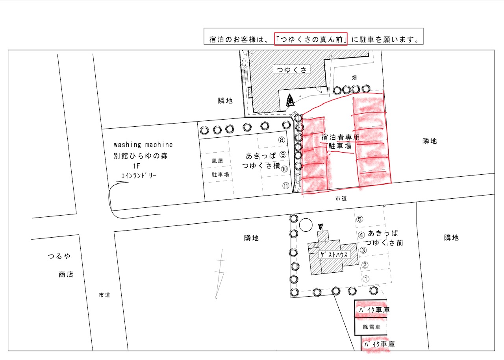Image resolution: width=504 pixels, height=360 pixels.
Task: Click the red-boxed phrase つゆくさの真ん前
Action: coord(311,39)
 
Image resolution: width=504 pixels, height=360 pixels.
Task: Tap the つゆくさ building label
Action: coord(291,70)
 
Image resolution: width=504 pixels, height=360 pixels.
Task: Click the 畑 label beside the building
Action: coord(354,78)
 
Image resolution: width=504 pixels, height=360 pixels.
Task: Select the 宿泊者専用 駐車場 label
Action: coord(340,141)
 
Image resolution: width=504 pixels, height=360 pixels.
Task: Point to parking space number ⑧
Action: coord(282,140)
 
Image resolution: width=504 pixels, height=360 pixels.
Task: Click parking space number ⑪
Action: coord(285,186)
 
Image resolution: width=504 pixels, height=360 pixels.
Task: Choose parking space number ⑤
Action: coord(359,219)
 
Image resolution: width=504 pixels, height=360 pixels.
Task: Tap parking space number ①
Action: coord(366,279)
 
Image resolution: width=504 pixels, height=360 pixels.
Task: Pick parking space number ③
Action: coord(363,250)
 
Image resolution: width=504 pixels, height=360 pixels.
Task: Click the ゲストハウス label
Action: coord(334,255)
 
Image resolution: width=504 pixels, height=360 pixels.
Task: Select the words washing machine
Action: coord(143,144)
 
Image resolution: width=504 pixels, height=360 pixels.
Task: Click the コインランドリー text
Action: coord(139,175)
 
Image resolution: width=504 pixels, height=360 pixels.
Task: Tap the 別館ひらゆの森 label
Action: coord(141,156)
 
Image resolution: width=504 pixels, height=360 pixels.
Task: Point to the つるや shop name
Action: coord(59,256)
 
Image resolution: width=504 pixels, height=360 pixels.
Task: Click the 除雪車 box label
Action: coord(372,327)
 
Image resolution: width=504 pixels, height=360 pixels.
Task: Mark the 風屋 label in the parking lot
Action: coord(217,161)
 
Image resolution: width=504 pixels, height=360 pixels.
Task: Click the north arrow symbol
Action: coord(220,274)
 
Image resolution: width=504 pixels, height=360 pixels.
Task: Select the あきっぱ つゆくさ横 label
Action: coord(261,161)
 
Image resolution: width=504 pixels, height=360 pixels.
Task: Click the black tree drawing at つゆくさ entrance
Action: coord(290,100)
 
